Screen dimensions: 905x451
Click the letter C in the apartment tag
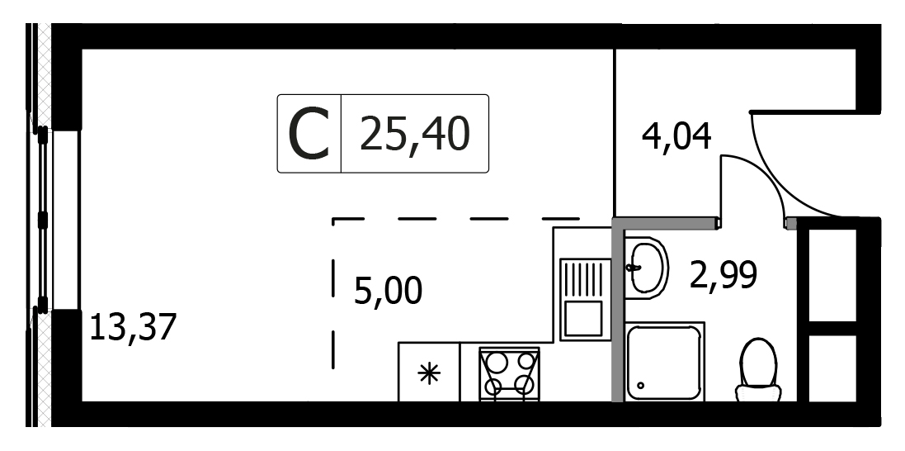point(309,135)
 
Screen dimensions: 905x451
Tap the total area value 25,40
point(414,134)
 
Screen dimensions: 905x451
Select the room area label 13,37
point(132,327)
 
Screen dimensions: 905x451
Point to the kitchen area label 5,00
point(388,291)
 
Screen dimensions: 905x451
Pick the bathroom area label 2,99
point(723,274)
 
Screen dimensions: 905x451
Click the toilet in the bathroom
point(758,370)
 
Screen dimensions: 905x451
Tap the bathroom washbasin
point(647,268)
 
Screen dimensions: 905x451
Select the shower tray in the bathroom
point(664,362)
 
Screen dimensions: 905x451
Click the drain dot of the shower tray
point(640,385)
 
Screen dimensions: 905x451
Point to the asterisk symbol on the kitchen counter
point(429,374)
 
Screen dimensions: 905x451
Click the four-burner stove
point(509,373)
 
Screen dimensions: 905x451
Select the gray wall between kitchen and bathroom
point(618,309)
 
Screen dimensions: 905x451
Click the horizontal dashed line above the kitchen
point(456,219)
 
